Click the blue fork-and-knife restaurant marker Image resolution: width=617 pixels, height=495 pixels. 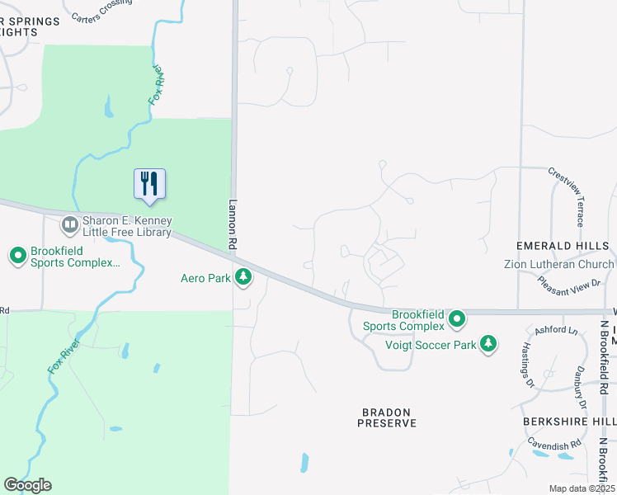[x=149, y=183]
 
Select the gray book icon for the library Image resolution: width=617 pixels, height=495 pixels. [x=69, y=224]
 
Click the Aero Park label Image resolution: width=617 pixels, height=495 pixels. [x=206, y=278]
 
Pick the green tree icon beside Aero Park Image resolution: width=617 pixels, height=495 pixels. [x=243, y=277]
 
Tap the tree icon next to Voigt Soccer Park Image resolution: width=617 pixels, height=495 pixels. [x=488, y=343]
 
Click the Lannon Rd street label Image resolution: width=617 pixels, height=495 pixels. [x=232, y=224]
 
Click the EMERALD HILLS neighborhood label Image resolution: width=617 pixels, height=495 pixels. [x=562, y=246]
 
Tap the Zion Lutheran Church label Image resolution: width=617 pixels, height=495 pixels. [x=559, y=264]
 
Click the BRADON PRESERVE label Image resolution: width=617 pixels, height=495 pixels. [x=387, y=417]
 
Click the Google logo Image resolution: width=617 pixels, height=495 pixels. [x=27, y=485]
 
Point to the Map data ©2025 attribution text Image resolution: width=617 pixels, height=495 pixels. [x=582, y=488]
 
